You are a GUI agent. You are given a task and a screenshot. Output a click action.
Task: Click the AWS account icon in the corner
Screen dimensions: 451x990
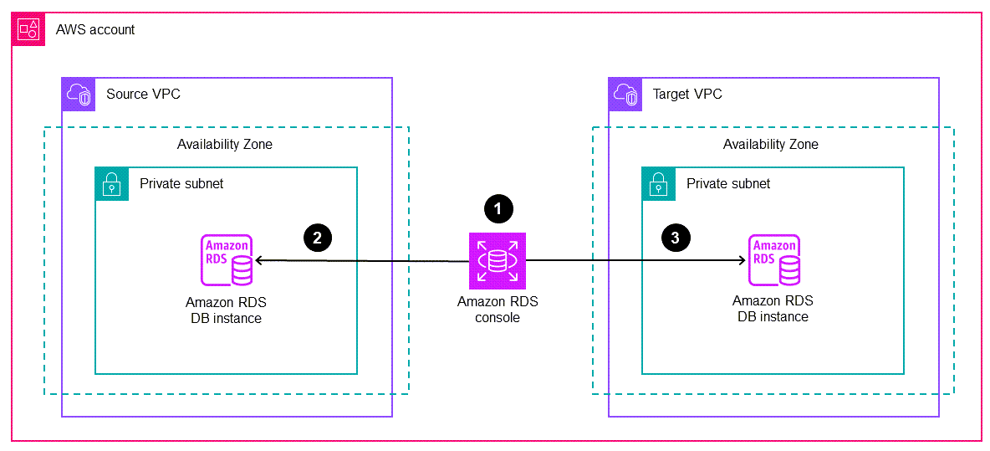coord(28,29)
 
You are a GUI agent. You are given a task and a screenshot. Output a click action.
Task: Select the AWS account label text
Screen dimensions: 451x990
coord(95,30)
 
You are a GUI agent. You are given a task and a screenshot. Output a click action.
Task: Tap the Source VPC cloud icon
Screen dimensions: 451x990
coord(79,95)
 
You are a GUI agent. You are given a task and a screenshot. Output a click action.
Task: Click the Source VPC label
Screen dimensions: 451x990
coord(143,95)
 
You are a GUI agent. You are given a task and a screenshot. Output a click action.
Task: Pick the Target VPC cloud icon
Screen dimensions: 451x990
coord(625,95)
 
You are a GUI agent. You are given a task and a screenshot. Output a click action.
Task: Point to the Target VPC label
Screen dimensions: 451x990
coord(687,95)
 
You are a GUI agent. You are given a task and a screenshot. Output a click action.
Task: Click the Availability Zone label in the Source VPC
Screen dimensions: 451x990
coord(224,144)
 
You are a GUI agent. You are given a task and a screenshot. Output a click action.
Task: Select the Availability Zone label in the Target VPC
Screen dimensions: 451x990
coord(770,144)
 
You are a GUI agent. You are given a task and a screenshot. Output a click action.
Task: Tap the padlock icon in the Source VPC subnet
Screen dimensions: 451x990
coord(112,184)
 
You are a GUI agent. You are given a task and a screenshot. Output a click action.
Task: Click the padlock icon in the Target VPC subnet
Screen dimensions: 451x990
coord(659,184)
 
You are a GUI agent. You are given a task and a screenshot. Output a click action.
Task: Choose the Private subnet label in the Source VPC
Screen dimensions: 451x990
coord(181,184)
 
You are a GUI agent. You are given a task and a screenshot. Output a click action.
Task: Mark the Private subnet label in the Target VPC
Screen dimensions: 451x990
coord(728,184)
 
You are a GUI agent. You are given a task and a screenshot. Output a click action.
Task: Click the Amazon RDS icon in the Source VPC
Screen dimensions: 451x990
coord(227,261)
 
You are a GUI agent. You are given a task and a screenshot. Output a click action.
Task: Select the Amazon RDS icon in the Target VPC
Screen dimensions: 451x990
coord(774,261)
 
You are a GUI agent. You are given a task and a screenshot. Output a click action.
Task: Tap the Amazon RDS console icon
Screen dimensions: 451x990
coord(498,261)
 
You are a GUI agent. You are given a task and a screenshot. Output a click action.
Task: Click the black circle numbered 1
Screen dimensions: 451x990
coord(498,209)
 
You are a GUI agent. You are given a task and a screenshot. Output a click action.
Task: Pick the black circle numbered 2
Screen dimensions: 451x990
coord(317,238)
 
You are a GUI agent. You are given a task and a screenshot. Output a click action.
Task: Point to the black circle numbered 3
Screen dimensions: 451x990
coord(676,238)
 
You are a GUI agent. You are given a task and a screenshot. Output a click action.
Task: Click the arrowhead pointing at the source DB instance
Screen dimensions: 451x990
coord(259,261)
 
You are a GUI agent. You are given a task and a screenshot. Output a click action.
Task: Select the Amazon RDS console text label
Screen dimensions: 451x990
coord(498,310)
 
